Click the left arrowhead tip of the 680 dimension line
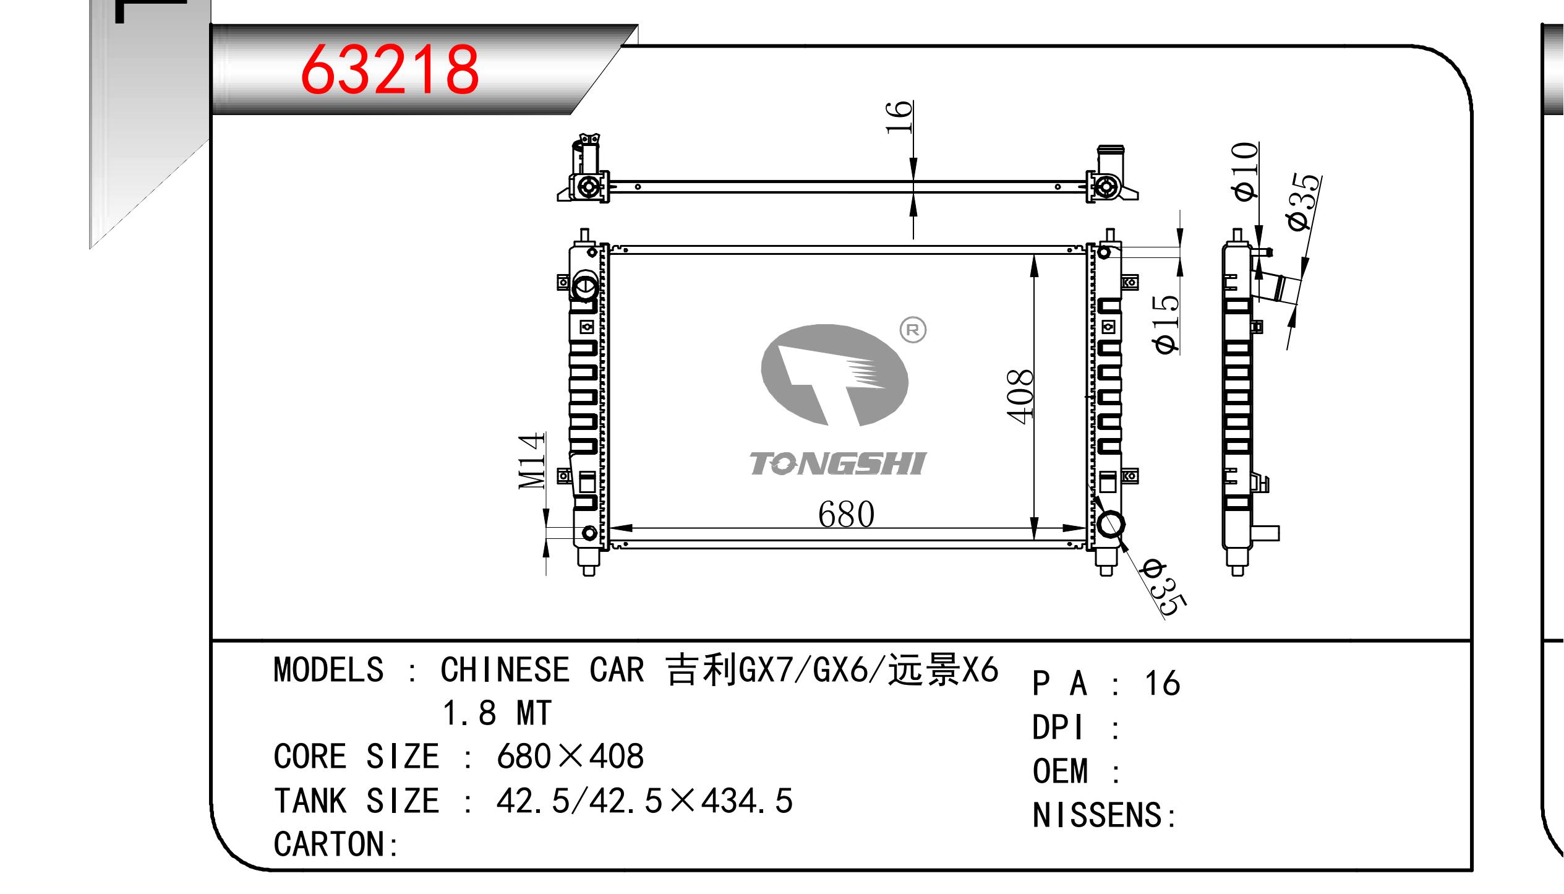612,528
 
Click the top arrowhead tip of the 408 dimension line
1034,255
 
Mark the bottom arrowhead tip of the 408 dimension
1034,539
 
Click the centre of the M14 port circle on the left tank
589,533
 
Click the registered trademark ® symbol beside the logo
913,330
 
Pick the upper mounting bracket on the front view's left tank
563,283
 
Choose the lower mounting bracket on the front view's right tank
1129,476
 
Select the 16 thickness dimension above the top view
899,117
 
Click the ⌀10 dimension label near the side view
1244,171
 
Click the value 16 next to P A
1162,684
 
